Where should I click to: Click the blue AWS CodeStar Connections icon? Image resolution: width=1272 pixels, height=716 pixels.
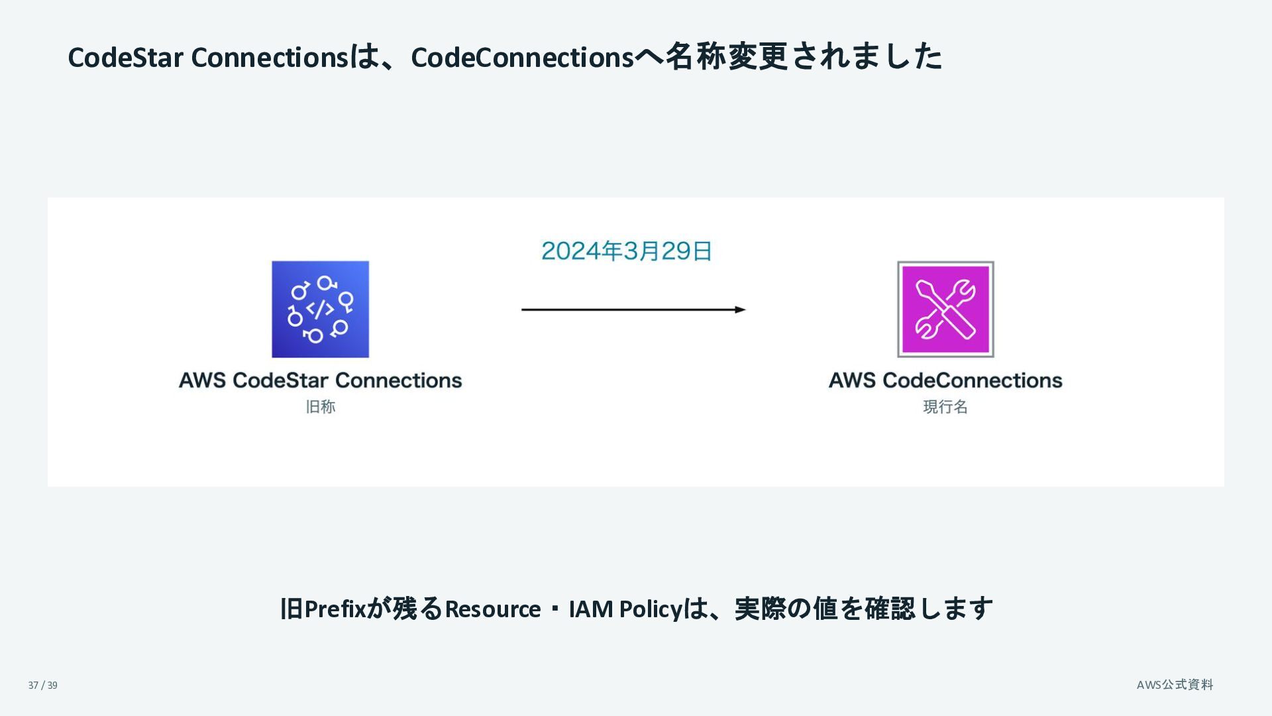point(320,309)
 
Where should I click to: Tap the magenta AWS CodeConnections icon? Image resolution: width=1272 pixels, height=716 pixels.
point(945,309)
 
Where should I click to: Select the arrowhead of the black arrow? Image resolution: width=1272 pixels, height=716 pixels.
point(740,310)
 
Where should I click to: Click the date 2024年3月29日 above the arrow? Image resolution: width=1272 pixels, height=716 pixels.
point(626,251)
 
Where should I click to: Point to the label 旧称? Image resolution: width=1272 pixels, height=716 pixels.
point(321,406)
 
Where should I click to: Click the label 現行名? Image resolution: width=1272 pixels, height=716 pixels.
point(945,406)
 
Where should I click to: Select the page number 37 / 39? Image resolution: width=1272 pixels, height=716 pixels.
point(43,686)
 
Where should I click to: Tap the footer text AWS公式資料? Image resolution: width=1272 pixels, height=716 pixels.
point(1175,685)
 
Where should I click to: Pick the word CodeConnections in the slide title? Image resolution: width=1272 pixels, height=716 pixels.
point(523,58)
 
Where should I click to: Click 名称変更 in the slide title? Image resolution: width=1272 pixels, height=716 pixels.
point(726,56)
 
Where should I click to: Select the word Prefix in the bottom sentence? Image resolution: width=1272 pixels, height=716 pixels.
point(335,609)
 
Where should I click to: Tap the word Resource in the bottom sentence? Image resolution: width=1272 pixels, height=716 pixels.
point(492,609)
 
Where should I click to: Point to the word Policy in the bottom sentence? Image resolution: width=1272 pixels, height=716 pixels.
point(651,609)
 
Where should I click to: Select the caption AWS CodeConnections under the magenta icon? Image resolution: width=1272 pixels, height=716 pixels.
point(945,381)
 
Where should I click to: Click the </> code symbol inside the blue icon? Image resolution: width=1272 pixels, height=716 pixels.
point(320,309)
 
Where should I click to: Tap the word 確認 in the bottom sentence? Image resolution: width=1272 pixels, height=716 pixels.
point(890,609)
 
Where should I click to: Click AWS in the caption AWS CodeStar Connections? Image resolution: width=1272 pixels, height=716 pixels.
point(202,381)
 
